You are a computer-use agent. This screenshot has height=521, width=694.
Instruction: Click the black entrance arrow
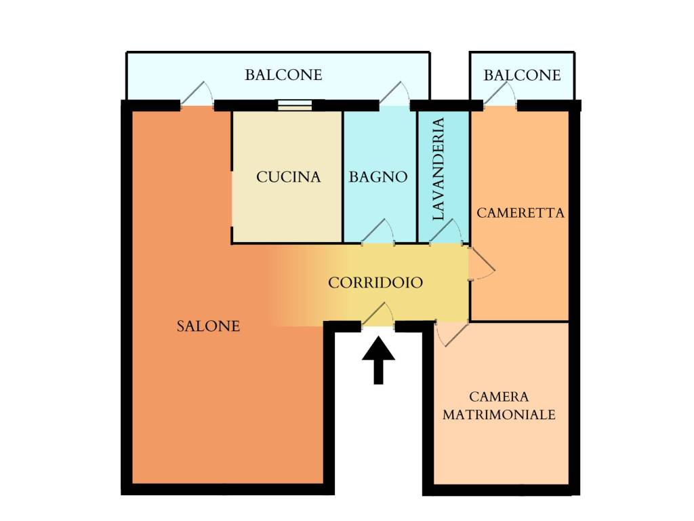378,360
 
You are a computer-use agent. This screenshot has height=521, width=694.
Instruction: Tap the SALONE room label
208,326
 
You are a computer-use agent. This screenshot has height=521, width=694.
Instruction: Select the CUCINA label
288,177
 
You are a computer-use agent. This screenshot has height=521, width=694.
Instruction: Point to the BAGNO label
378,177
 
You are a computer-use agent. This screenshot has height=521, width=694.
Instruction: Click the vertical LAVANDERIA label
438,169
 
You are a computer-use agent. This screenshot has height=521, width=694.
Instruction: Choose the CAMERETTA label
520,213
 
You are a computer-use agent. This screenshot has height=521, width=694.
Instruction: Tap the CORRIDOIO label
375,283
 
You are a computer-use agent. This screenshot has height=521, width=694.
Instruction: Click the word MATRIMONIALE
499,414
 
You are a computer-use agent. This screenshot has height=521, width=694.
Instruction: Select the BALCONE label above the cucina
283,75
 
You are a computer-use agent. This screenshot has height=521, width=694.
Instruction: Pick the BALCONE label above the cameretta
522,75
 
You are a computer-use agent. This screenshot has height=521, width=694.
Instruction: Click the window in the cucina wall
295,105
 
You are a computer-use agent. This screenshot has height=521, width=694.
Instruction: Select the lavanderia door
446,232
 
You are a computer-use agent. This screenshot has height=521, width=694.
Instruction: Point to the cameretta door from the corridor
482,264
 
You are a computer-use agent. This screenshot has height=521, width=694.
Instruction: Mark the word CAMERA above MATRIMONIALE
499,396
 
